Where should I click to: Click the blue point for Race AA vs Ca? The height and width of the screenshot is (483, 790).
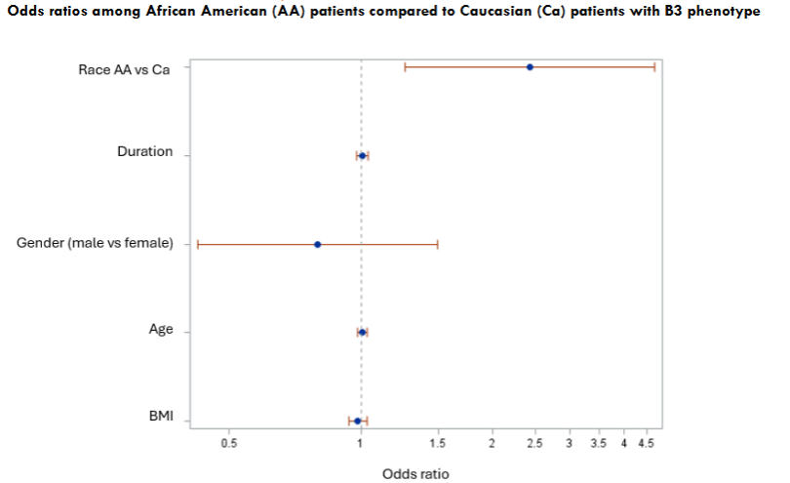click(x=530, y=67)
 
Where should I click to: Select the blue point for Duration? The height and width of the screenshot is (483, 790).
click(x=362, y=156)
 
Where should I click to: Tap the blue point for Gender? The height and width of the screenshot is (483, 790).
click(x=317, y=245)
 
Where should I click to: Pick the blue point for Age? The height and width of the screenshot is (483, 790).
click(x=362, y=333)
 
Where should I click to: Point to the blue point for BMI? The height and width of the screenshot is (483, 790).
click(x=357, y=422)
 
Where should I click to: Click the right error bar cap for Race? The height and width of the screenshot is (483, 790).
click(x=653, y=67)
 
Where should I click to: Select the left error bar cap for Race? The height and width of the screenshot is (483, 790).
click(x=405, y=67)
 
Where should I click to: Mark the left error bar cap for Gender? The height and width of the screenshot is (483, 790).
click(x=198, y=245)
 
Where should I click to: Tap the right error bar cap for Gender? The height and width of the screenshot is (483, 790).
click(x=438, y=245)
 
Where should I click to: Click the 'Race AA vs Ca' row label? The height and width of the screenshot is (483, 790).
click(x=125, y=69)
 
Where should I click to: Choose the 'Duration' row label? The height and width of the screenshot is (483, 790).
click(x=144, y=152)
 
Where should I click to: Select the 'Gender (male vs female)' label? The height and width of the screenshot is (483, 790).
click(x=95, y=243)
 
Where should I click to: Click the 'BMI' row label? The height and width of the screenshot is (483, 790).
click(x=160, y=417)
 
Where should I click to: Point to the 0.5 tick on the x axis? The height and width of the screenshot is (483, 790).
click(x=229, y=444)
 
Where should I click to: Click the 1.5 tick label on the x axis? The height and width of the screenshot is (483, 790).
click(x=438, y=444)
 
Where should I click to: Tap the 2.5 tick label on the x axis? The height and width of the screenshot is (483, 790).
click(x=534, y=444)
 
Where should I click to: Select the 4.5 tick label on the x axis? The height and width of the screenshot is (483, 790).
click(x=646, y=444)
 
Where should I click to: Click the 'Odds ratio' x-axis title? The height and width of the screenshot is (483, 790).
click(x=415, y=473)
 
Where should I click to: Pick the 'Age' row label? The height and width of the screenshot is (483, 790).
click(x=160, y=329)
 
